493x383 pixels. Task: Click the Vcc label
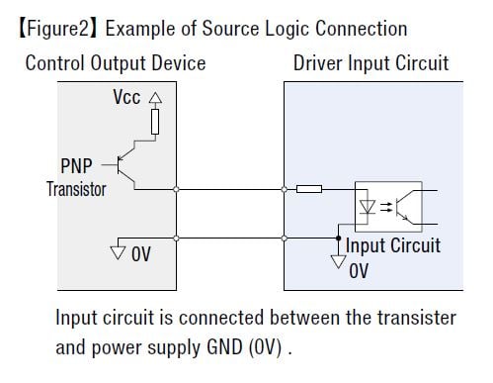125,99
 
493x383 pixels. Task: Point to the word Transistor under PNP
75,188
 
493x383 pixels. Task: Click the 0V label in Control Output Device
140,255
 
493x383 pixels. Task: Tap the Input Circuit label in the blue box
392,245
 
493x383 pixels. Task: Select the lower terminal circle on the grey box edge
176,238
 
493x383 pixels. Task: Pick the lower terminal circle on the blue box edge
284,238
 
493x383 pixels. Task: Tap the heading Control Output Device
115,63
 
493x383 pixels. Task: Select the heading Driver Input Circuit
370,63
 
